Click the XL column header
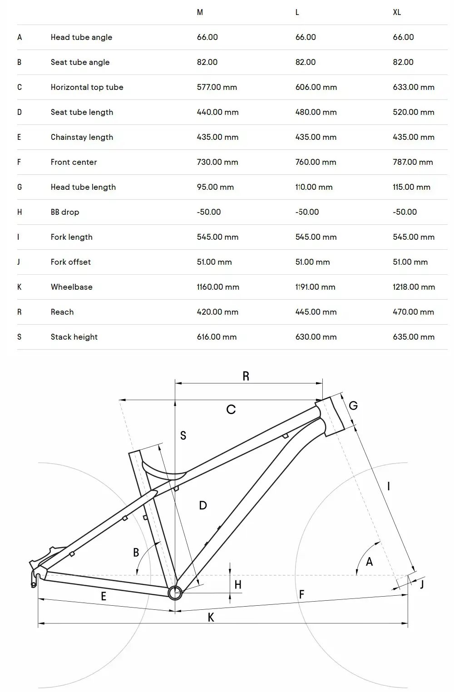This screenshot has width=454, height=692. pos(397,12)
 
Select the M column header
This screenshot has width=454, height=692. pos(200,12)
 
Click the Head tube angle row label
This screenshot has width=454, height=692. pos(81,37)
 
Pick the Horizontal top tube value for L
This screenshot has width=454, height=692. pos(316,87)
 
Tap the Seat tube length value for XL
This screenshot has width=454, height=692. pos(414,112)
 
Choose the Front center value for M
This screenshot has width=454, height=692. pos(217,162)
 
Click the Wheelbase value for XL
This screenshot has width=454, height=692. pos(414,287)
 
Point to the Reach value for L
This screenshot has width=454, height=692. pos(316,312)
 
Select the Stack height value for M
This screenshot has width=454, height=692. pos(217,337)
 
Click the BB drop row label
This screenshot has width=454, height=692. pos(65,212)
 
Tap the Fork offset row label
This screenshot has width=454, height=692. pos(71,262)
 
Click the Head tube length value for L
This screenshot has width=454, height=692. pos(314,187)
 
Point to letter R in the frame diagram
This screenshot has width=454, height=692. pos(246,376)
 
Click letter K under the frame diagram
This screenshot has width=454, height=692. pos(211,617)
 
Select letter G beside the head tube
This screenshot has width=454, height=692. pos(353,405)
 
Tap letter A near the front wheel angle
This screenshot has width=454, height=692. pos(369,562)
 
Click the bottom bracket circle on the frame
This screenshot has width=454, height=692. pos(175,592)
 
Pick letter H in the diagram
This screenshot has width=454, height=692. pos(238,584)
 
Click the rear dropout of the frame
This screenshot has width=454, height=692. pos(36,576)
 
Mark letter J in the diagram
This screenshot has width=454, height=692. pos(422,584)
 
